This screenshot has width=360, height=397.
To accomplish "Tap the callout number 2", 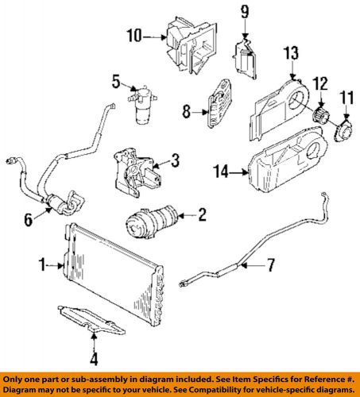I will (x=202, y=213).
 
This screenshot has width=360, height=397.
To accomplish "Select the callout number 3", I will (x=175, y=160).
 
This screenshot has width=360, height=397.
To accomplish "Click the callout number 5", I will (x=116, y=81).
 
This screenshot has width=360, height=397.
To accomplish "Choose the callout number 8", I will (x=187, y=112).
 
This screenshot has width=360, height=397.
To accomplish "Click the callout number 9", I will (x=245, y=11).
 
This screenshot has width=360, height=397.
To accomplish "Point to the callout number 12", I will (x=319, y=83).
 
